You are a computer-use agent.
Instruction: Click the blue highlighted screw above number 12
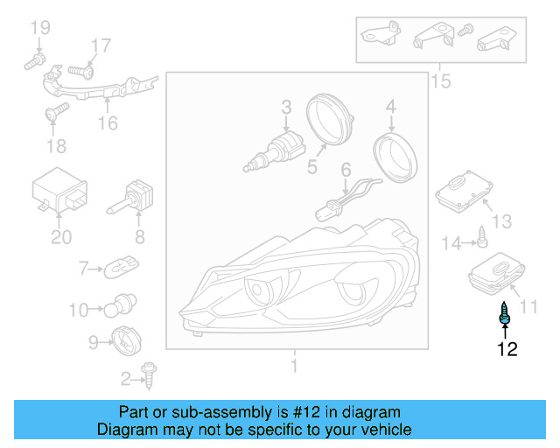click(x=504, y=313)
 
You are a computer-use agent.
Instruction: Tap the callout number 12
click(x=507, y=349)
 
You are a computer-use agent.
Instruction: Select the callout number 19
click(x=40, y=27)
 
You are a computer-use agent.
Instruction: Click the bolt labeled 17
click(x=80, y=72)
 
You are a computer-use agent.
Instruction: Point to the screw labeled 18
click(x=57, y=111)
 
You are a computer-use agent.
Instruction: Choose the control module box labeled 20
click(x=59, y=190)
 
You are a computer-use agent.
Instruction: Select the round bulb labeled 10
click(x=120, y=305)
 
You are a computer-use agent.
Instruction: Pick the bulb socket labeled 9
click(x=126, y=340)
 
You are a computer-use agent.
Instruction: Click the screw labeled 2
click(x=149, y=375)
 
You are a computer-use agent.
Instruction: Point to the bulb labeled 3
click(x=274, y=152)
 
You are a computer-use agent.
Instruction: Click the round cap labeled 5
click(x=330, y=119)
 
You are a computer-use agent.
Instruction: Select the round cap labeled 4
click(x=395, y=157)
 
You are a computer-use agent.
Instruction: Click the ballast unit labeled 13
click(x=464, y=192)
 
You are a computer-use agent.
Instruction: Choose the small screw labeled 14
click(x=482, y=236)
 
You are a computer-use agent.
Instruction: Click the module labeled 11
click(x=496, y=273)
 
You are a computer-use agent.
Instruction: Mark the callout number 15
click(x=441, y=81)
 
